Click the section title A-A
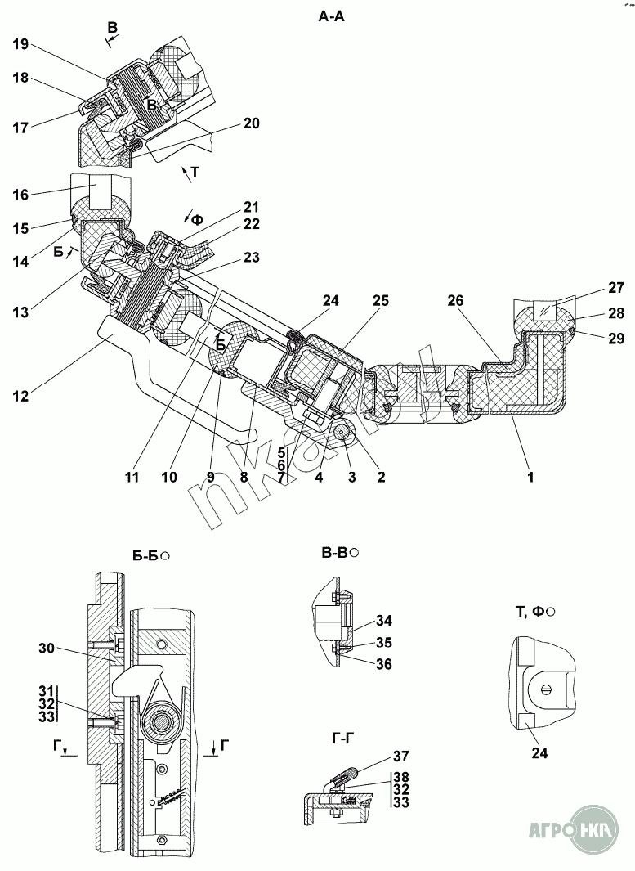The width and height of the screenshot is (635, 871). tap(331, 16)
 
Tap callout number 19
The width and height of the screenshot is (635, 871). tap(20, 44)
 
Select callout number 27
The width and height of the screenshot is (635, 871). tap(615, 288)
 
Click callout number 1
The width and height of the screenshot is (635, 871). tap(530, 476)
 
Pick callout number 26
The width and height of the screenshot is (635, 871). tap(456, 300)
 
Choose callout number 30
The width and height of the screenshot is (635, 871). tap(47, 647)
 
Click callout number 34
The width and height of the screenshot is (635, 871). tap(383, 620)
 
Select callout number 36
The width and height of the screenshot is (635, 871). tap(383, 664)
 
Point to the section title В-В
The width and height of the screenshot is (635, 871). tap(335, 553)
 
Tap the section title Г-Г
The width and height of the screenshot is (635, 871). tap(343, 738)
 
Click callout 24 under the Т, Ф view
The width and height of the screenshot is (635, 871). tap(539, 752)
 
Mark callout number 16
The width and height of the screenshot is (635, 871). tap(20, 195)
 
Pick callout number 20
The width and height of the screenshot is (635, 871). tap(251, 123)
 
